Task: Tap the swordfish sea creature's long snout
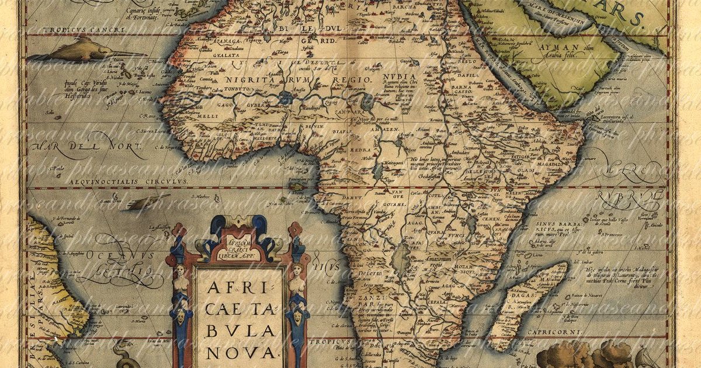126,54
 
